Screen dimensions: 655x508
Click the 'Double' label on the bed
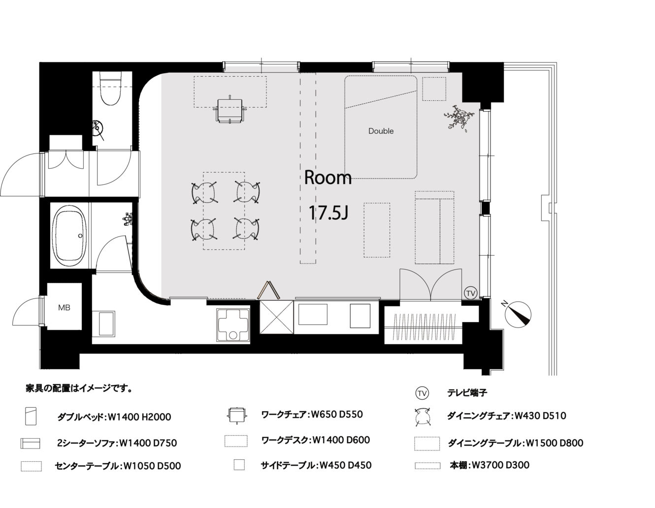pyautogui.click(x=381, y=131)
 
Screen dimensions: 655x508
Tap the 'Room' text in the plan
pyautogui.click(x=327, y=178)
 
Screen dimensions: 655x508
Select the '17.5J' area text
pyautogui.click(x=328, y=212)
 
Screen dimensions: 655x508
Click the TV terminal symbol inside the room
pyautogui.click(x=470, y=293)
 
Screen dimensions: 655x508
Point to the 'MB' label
pyautogui.click(x=64, y=307)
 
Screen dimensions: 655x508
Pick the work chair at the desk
pyautogui.click(x=229, y=109)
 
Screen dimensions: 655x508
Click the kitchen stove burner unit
pyautogui.click(x=233, y=326)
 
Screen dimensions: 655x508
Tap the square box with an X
pyautogui.click(x=276, y=317)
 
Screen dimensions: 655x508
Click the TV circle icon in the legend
pyautogui.click(x=422, y=393)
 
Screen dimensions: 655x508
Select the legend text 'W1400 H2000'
pyautogui.click(x=139, y=417)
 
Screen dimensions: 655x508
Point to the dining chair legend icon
pyautogui.click(x=422, y=417)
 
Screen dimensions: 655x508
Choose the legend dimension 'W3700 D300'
pyautogui.click(x=500, y=465)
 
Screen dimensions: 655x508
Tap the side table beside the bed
pyautogui.click(x=434, y=89)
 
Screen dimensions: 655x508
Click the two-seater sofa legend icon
pyautogui.click(x=31, y=443)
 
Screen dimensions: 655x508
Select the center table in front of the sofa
pyautogui.click(x=377, y=230)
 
